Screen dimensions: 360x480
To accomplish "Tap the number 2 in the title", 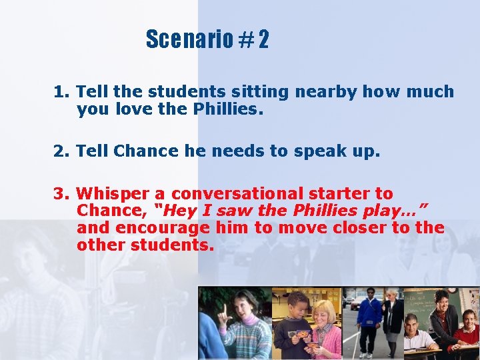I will (263, 40).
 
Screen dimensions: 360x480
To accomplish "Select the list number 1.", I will (60, 92).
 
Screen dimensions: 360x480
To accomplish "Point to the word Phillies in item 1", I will (231, 109).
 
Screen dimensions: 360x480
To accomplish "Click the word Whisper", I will (113, 194).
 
